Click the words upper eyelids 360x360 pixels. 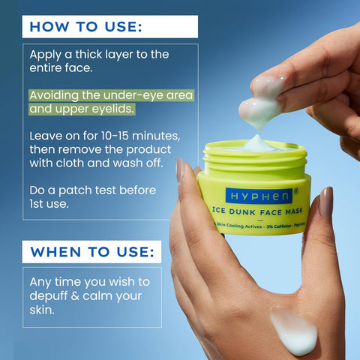[x=97, y=109]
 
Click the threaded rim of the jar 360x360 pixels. [x=255, y=159]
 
